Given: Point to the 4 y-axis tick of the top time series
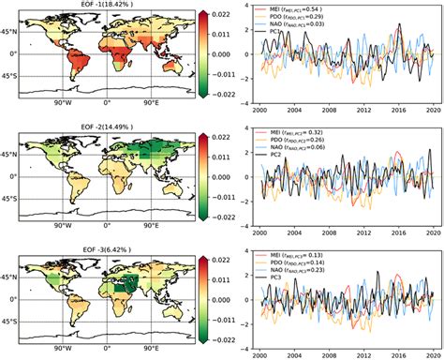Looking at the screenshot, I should coord(245,7).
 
